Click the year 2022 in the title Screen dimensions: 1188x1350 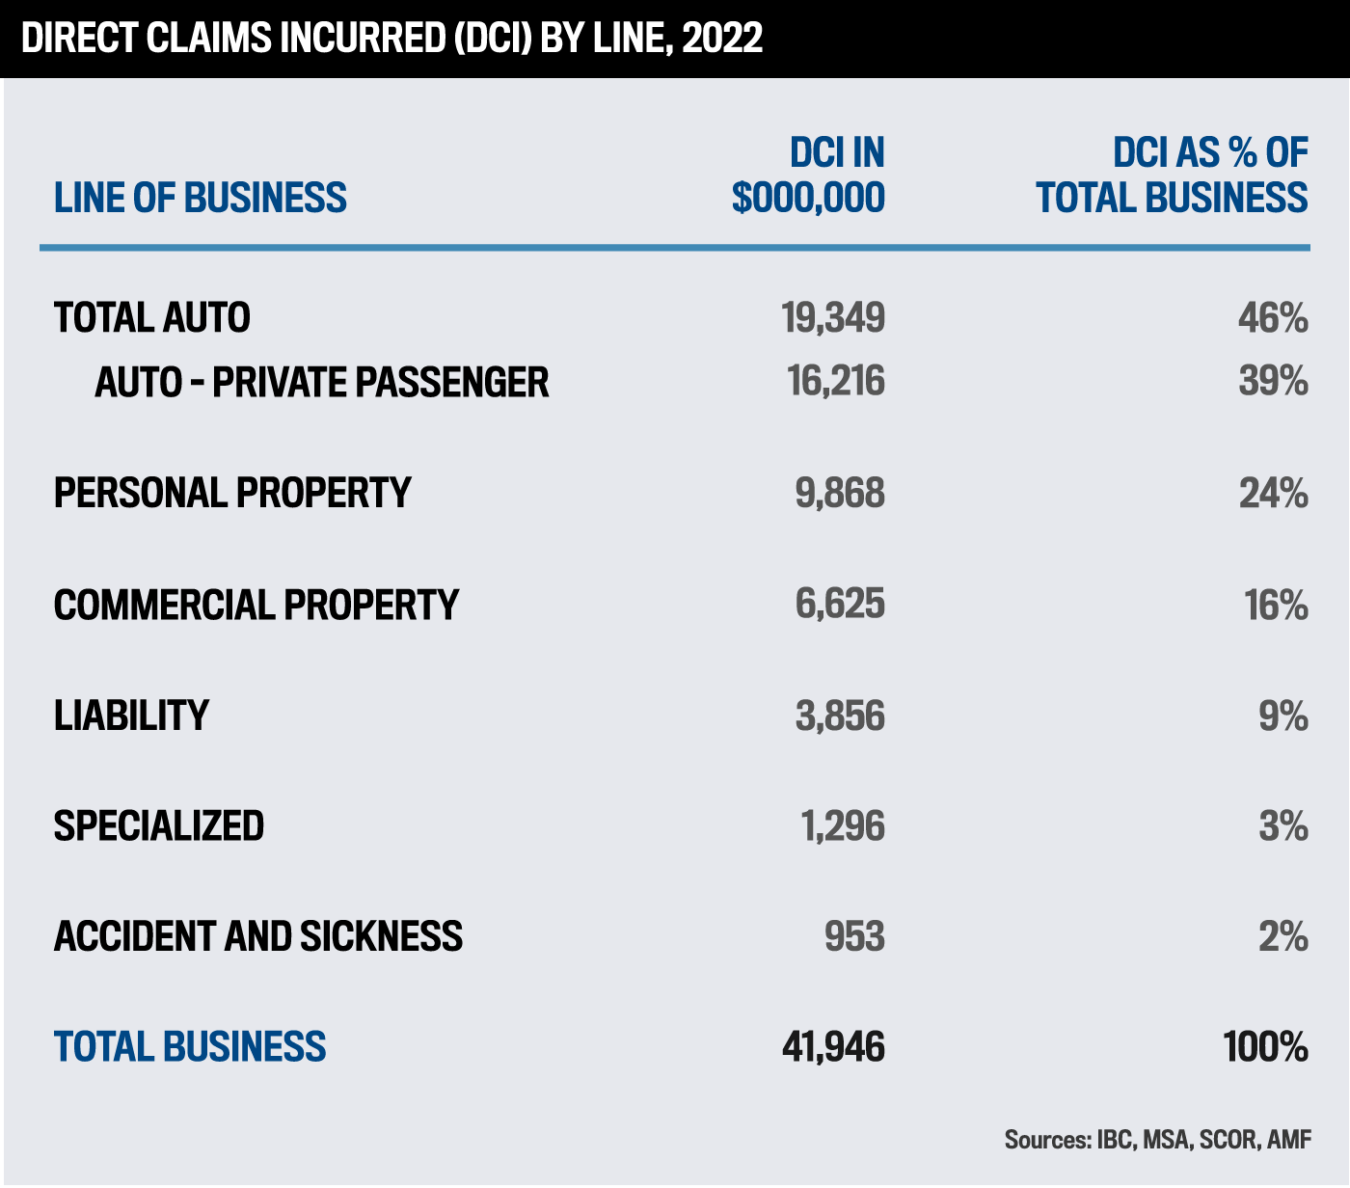tap(722, 39)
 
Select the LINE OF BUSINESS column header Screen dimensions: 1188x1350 tap(200, 198)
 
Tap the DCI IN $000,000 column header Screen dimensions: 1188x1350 tap(809, 175)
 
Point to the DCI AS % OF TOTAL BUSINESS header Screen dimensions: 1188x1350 tap(1173, 175)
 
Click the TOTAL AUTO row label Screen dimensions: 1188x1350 tap(151, 318)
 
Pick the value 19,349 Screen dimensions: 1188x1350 tap(834, 318)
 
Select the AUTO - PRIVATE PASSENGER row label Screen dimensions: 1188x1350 tap(321, 383)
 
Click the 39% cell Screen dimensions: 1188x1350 tap(1273, 382)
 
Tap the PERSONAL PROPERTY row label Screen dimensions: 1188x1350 tap(232, 493)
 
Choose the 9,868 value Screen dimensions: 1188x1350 tap(840, 494)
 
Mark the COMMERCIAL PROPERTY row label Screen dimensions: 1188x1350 tap(256, 606)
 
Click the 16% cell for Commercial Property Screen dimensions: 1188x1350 tap(1276, 606)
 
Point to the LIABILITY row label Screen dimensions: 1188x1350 tap(131, 715)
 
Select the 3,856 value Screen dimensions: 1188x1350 tap(840, 716)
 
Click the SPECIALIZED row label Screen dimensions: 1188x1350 tap(158, 826)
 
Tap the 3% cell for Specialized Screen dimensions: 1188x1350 tap(1282, 826)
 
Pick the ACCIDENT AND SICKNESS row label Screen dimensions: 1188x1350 tap(257, 937)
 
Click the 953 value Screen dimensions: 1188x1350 tap(854, 937)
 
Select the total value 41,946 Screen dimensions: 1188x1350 tap(833, 1047)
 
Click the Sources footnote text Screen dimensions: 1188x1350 tap(1157, 1140)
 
